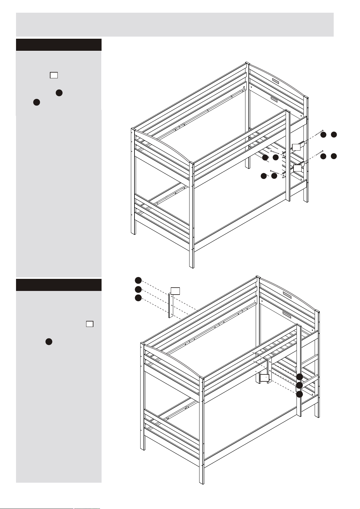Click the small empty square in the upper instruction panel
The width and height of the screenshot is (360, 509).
tap(54, 75)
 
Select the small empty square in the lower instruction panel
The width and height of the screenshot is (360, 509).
tap(89, 324)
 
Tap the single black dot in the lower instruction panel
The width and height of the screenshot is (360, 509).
tap(49, 342)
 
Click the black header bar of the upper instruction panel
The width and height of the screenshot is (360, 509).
tap(59, 45)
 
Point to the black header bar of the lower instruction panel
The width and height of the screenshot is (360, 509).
tap(59, 285)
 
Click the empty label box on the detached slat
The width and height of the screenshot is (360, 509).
tap(175, 291)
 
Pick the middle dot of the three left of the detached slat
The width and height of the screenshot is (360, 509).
tap(138, 289)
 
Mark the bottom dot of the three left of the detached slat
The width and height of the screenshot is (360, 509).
tap(138, 298)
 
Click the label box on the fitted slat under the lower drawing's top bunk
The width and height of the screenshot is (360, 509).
tap(265, 378)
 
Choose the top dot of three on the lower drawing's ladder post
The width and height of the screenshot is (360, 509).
tap(299, 377)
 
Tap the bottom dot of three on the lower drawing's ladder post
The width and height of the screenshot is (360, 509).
tap(299, 394)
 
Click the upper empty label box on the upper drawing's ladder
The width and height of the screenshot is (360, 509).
tap(297, 147)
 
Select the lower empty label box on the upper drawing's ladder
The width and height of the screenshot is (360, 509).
tap(298, 168)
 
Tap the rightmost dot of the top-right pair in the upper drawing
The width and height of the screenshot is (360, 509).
tap(334, 135)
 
